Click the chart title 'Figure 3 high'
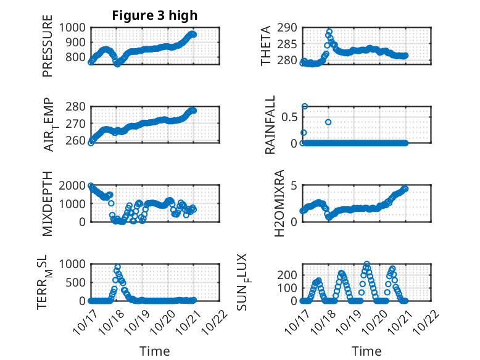pyautogui.click(x=154, y=15)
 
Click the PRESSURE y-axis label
pyautogui.click(x=48, y=51)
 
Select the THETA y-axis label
pyautogui.click(x=266, y=46)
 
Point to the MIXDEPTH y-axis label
pyautogui.click(x=48, y=204)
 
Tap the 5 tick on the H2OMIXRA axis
pyautogui.click(x=295, y=186)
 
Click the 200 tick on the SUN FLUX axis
pyautogui.click(x=288, y=274)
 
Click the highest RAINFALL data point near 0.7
pyautogui.click(x=304, y=106)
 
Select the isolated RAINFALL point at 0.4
pyautogui.click(x=328, y=122)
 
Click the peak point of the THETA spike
pyautogui.click(x=329, y=31)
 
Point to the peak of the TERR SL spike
pyautogui.click(x=117, y=267)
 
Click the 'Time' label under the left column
pyautogui.click(x=154, y=351)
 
